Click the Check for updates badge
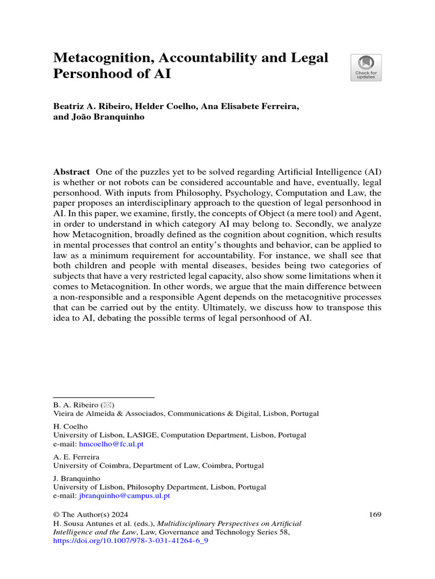coord(366,68)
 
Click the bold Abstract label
coord(71,172)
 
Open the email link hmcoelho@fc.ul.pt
coord(111,444)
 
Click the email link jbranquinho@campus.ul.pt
coord(124,495)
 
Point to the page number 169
coord(374,515)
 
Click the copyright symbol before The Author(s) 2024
coord(56,515)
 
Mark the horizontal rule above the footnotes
coord(104,397)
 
